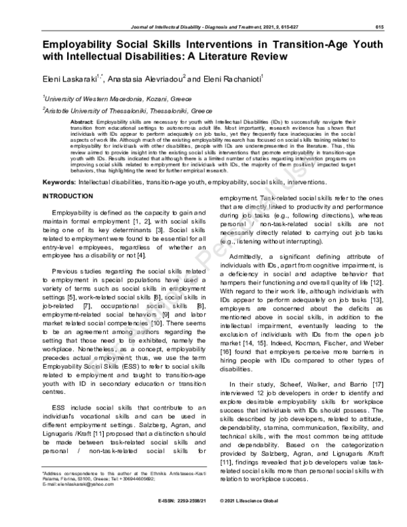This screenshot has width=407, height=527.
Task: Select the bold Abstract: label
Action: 81,121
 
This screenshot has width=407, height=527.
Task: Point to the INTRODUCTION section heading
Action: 69,196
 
